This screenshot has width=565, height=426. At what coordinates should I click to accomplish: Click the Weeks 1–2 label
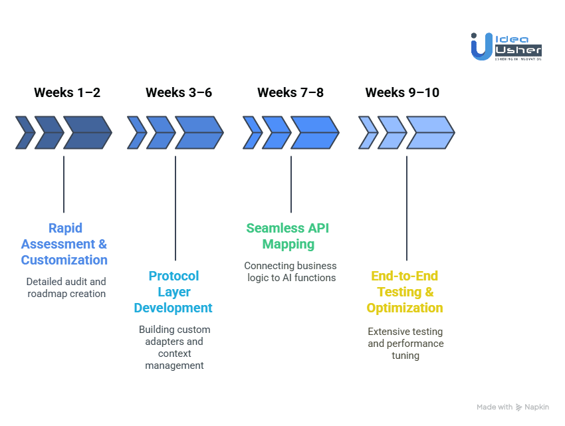(67, 92)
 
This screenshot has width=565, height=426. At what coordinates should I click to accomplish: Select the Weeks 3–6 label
(179, 92)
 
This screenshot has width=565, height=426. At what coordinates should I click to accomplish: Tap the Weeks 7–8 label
(290, 92)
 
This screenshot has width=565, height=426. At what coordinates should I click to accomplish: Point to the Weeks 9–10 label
(402, 92)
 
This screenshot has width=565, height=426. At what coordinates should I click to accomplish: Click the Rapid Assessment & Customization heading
(64, 244)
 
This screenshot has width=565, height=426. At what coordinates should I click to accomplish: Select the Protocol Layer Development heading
(173, 292)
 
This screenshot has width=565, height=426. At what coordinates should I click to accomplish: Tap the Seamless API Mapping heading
(288, 236)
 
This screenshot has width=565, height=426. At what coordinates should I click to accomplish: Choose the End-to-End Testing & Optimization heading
(405, 292)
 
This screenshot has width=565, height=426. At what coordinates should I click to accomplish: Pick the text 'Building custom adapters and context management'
(174, 347)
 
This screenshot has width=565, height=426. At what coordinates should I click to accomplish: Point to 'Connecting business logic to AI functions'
(290, 272)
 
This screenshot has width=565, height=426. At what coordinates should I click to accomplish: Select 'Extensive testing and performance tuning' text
(405, 343)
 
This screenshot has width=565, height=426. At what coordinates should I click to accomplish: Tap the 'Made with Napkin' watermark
(512, 407)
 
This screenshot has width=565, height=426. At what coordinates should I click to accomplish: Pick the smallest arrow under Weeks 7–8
(252, 132)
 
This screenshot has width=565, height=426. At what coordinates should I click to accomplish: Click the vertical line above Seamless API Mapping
(291, 184)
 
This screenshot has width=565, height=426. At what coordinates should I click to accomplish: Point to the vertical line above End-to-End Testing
(407, 207)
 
